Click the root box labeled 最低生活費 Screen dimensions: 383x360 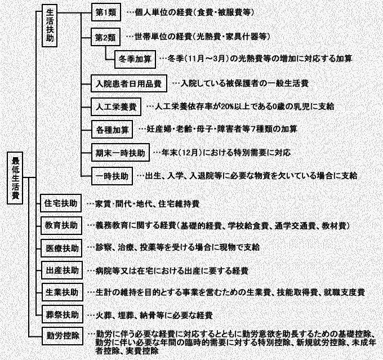15,178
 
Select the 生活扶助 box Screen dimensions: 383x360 50,25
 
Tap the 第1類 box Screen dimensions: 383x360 106,12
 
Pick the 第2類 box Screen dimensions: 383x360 105,37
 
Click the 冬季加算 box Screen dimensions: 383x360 135,59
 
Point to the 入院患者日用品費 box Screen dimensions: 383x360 129,83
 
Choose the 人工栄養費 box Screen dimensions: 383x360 116,107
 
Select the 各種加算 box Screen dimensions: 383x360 112,130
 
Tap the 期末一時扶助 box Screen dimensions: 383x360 121,153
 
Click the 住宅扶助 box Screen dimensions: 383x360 61,203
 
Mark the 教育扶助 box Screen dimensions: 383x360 61,225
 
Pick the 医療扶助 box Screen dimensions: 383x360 61,248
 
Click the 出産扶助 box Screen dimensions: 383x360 62,270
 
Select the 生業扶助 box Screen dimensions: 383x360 62,292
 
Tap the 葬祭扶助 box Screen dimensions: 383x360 63,314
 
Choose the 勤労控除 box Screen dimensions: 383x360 63,336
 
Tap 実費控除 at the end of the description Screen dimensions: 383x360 142,351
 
